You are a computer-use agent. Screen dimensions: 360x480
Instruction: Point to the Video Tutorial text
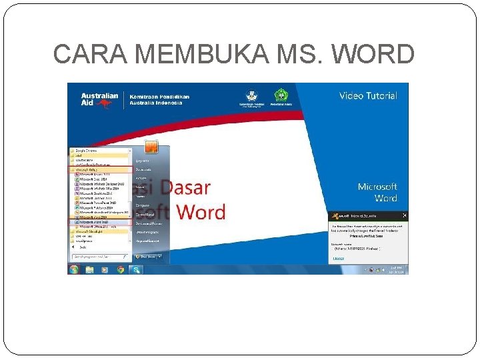[368, 96]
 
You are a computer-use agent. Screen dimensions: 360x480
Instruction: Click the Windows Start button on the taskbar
[74, 269]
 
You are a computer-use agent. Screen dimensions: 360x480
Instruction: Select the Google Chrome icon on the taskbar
[121, 269]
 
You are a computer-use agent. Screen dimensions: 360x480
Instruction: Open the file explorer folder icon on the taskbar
[89, 269]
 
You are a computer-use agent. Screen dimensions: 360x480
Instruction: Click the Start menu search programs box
[99, 256]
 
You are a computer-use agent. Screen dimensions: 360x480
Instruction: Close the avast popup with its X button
[403, 216]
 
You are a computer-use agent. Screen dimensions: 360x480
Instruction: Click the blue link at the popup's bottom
[339, 258]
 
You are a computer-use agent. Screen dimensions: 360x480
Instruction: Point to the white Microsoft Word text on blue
[377, 193]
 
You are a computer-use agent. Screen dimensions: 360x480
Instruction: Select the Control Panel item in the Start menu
[145, 215]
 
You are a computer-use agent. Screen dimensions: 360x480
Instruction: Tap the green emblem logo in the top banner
[281, 97]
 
